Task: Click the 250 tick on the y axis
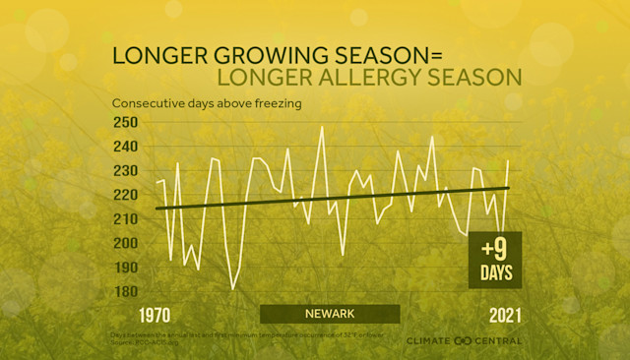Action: click(127, 122)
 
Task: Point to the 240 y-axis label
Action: click(127, 147)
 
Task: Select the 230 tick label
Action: click(127, 170)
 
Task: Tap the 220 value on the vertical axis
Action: click(127, 195)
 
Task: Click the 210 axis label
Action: click(127, 218)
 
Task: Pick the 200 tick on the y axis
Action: click(127, 243)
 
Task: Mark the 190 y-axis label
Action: click(127, 268)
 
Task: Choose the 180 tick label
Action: click(127, 291)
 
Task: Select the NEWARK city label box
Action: click(330, 314)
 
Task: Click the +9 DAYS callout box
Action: click(494, 260)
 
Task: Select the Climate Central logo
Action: click(465, 340)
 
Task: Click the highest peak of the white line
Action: click(321, 126)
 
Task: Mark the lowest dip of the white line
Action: click(233, 288)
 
